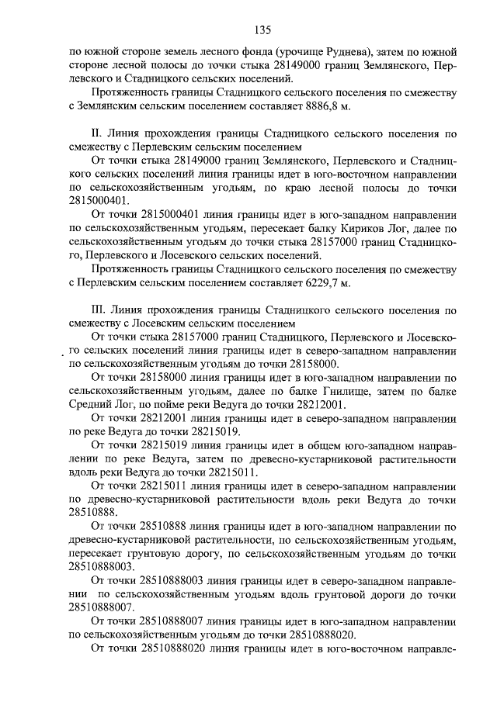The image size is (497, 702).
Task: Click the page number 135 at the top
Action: (x=262, y=30)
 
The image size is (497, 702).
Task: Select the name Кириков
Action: (x=329, y=229)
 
